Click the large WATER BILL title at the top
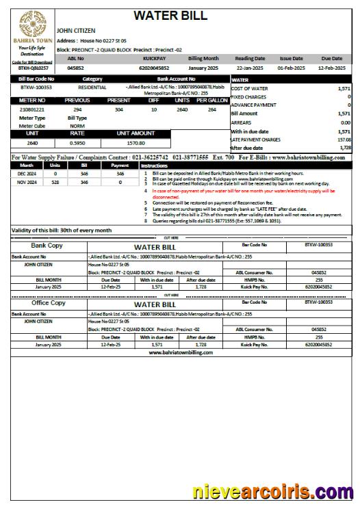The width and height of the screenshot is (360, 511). coord(170,16)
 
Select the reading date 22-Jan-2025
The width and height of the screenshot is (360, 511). coord(249,68)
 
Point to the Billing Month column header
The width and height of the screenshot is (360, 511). coord(203,59)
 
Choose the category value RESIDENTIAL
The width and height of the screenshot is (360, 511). coord(92,88)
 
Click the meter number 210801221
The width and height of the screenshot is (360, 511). coord(32,109)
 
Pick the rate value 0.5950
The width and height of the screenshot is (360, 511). coord(77,143)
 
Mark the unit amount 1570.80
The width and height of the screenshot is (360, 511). coord(136,143)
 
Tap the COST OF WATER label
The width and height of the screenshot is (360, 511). coord(249,89)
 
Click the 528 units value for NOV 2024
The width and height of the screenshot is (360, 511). coord(55,183)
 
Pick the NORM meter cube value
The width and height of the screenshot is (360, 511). coord(77,126)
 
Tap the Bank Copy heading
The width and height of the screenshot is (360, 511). coord(48,245)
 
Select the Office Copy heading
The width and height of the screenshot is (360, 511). coord(49,302)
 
